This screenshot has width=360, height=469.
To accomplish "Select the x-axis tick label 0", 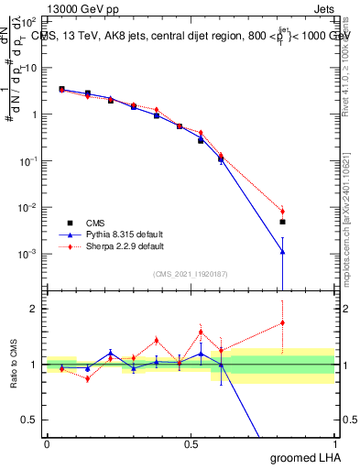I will (47, 442).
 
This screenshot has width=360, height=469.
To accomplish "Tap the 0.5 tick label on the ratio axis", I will (28, 420).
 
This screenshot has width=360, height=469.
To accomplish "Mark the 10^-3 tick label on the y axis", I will (27, 254).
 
